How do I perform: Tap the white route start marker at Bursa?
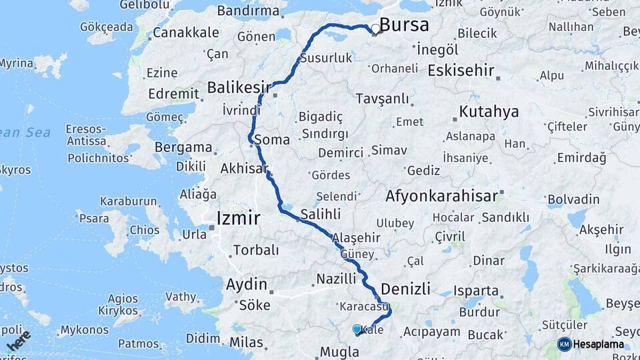(x=375, y=29)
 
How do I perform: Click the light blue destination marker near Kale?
(x=357, y=329)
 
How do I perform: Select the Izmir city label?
(x=238, y=219)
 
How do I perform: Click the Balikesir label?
(x=239, y=87)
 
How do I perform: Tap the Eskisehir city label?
(x=461, y=70)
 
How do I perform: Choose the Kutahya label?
(x=489, y=111)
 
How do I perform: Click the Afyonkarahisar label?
(x=441, y=196)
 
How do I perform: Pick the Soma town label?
(x=272, y=140)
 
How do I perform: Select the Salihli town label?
(x=321, y=214)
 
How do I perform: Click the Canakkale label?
(x=185, y=32)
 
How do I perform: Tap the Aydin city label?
(x=246, y=284)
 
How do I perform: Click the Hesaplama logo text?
(x=598, y=345)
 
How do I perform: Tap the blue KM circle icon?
(x=564, y=344)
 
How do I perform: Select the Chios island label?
(x=145, y=230)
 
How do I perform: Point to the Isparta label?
(x=475, y=291)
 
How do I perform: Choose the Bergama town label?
(x=183, y=147)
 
